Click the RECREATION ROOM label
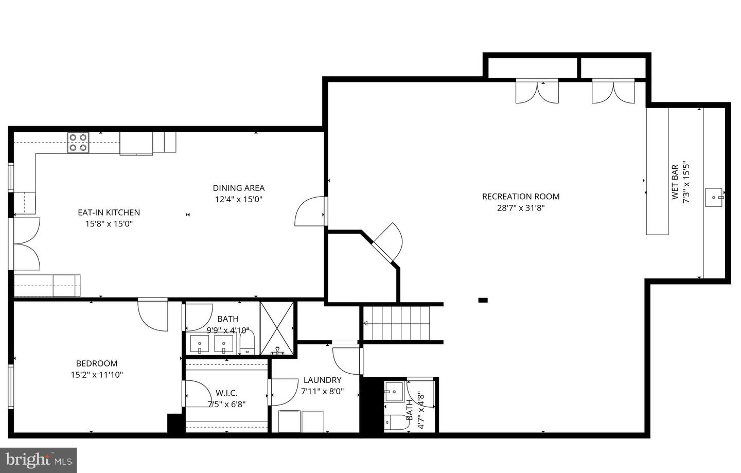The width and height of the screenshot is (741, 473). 520,196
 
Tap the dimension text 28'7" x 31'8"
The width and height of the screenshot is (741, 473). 520,208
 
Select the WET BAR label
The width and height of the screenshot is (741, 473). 675,182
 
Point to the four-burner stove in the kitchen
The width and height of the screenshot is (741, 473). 78,143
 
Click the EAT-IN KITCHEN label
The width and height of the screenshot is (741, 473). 109,212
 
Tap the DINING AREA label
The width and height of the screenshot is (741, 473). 239,188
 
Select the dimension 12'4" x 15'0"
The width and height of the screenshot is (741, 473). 239,200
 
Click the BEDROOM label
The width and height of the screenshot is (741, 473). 97,363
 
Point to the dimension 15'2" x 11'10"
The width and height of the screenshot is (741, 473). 97,375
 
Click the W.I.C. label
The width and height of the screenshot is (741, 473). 226,393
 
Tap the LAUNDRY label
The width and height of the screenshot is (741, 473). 322,380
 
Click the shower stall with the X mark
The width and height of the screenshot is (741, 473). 277,328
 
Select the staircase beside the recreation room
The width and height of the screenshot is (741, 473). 397,323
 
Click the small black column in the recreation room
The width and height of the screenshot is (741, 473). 483,300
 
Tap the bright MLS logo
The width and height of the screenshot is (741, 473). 38,459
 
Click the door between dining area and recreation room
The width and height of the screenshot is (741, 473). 310,212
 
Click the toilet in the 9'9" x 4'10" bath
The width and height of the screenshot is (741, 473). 248,343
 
